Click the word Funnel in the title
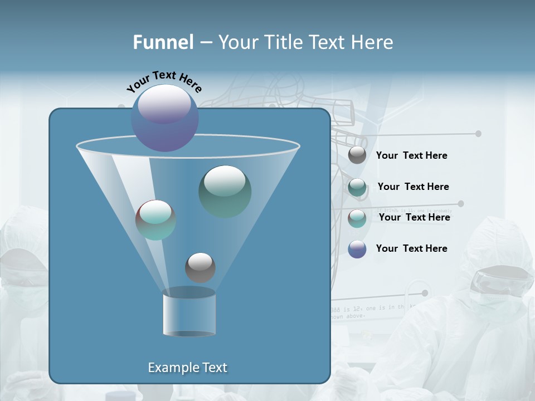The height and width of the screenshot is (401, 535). [x=163, y=42]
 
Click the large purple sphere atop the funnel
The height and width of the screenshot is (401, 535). [x=164, y=118]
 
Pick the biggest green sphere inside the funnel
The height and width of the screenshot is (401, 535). [x=225, y=191]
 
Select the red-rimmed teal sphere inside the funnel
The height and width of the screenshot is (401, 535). [x=155, y=220]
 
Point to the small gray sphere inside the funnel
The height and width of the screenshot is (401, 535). [x=200, y=267]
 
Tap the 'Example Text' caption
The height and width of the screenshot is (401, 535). [x=187, y=368]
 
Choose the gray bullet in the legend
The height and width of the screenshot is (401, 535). [x=357, y=155]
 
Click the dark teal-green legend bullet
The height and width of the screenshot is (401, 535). [x=357, y=187]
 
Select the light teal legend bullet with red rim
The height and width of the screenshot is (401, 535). [x=357, y=218]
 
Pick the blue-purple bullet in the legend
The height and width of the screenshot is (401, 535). [x=357, y=249]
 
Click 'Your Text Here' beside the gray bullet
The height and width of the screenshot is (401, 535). [x=411, y=156]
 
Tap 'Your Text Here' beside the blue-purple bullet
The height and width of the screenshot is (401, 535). [x=411, y=248]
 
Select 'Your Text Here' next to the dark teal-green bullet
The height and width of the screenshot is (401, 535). [x=413, y=187]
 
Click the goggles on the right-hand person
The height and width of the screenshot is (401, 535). [x=500, y=281]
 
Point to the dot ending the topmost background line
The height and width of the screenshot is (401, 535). [x=478, y=134]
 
